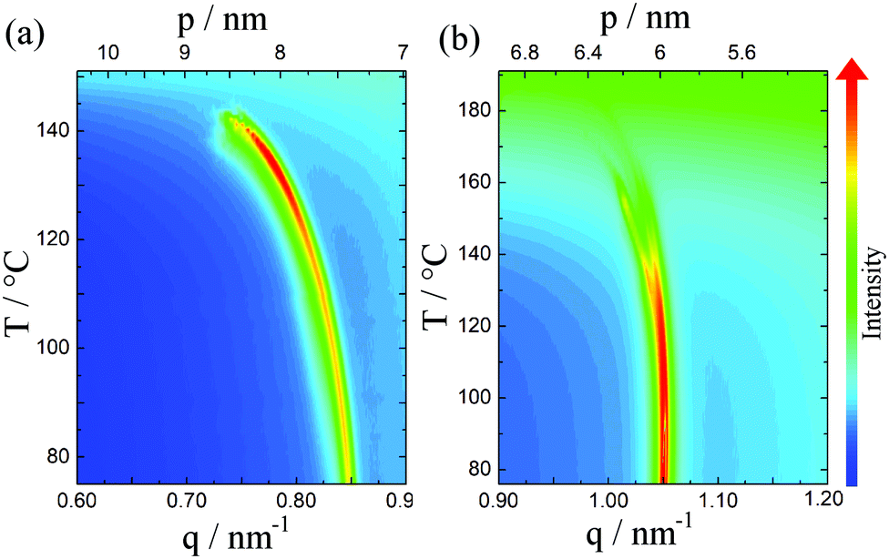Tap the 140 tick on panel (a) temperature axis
pyautogui.click(x=57, y=131)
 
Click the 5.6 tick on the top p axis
pyautogui.click(x=742, y=54)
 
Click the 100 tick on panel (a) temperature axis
pyautogui.click(x=57, y=349)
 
